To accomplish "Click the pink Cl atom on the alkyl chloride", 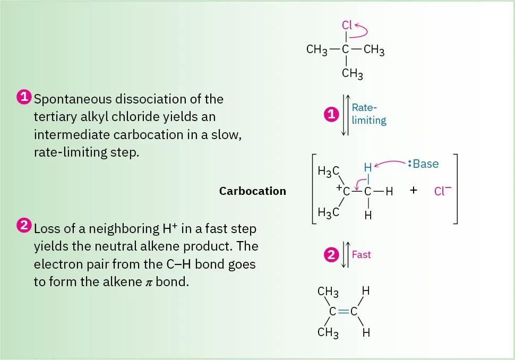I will click(346, 25).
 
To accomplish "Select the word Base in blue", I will click(426, 164).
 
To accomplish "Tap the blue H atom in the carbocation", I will click(367, 168).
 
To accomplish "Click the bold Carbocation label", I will click(252, 191).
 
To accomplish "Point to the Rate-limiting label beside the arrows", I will click(368, 114).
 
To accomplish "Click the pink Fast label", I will click(361, 255).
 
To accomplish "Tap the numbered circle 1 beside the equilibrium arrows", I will click(331, 114).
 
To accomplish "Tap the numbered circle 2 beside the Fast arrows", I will click(331, 255).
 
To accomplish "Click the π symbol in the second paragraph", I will click(149, 282).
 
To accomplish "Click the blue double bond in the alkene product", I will click(344, 312).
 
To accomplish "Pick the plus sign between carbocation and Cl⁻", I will click(414, 191).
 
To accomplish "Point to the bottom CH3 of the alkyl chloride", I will click(351, 74).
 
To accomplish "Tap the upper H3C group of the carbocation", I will click(328, 171).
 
